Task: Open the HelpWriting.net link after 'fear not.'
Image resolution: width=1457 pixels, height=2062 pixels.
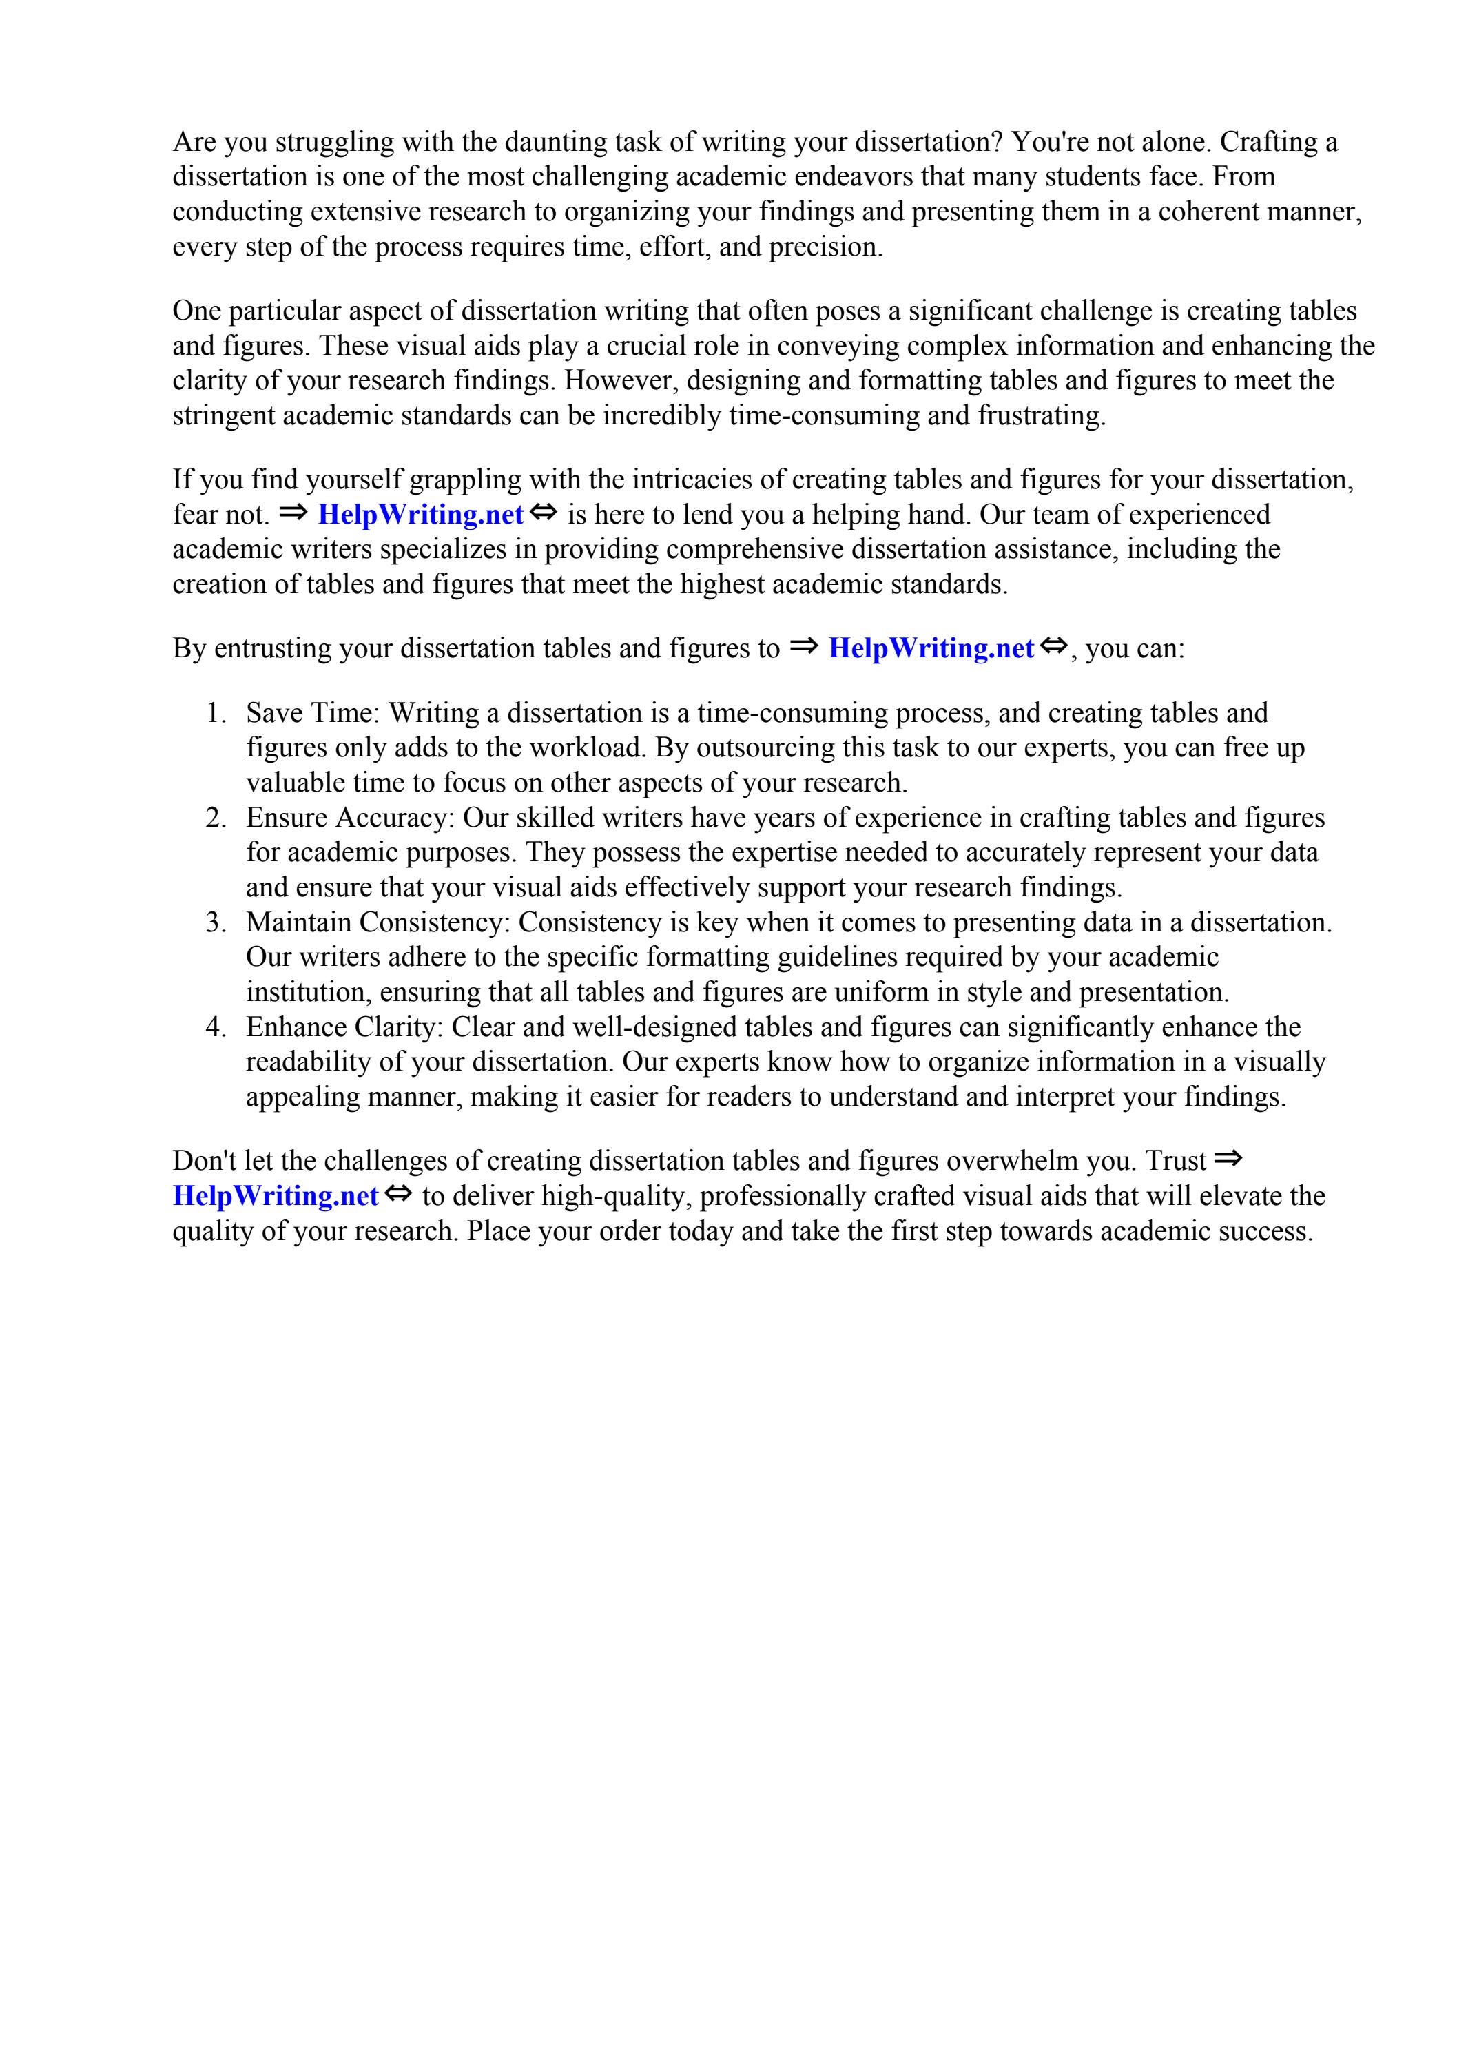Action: pyautogui.click(x=420, y=515)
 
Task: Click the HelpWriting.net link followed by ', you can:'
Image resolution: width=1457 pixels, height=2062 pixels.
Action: pyautogui.click(x=931, y=648)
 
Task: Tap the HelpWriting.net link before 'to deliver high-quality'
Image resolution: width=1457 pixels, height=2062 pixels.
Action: pyautogui.click(x=276, y=1196)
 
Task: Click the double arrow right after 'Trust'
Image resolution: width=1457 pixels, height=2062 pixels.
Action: pyautogui.click(x=1228, y=1159)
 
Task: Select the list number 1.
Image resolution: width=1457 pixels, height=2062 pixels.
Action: pyautogui.click(x=216, y=713)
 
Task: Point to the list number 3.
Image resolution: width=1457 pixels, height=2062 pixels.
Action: pyautogui.click(x=216, y=922)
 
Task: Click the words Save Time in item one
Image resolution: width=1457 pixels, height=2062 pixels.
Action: pyautogui.click(x=311, y=713)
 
